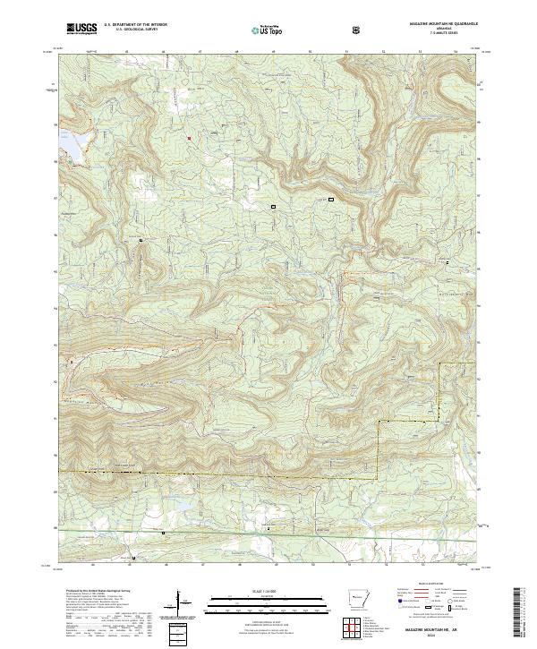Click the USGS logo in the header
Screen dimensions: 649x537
[x=81, y=30]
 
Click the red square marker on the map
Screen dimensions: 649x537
[x=189, y=137]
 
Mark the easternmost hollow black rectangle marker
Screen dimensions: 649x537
[x=330, y=198]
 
